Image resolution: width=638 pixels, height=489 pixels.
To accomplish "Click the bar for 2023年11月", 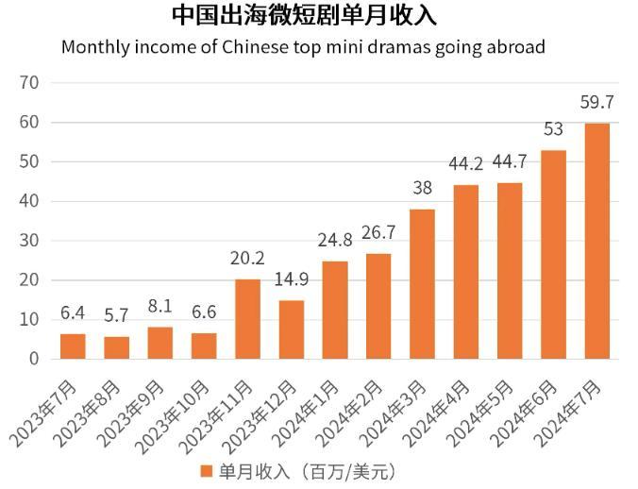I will [247, 319].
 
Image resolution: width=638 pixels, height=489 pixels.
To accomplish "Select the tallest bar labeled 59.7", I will [597, 241].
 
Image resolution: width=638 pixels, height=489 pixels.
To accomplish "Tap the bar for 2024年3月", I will [422, 283].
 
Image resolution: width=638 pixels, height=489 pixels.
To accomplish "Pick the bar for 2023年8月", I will [117, 347].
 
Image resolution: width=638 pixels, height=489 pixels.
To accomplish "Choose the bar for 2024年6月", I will [553, 254].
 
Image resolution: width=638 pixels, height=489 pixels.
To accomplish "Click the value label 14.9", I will [292, 278].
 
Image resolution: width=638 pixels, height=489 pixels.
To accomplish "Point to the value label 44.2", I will [465, 164].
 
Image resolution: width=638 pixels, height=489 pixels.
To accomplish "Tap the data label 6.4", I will [73, 312].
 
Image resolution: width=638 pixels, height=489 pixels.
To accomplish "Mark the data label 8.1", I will [160, 306].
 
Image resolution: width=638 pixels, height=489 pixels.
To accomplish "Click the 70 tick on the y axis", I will [29, 82].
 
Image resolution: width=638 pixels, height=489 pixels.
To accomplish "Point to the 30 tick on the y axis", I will [29, 241].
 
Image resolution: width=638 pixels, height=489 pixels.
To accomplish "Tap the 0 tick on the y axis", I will [34, 359].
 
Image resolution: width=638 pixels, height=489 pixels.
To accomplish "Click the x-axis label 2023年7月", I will [45, 413].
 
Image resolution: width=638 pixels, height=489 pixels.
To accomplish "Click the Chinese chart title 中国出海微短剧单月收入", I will [304, 16].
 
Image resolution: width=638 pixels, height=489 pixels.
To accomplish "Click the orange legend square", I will [207, 470].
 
